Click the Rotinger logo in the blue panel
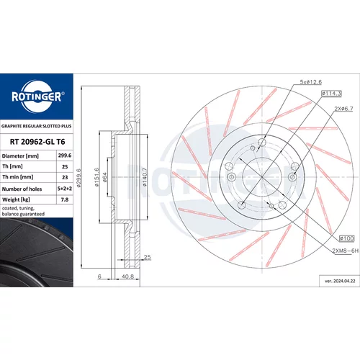coord(38,96)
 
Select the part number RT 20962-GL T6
coord(37,142)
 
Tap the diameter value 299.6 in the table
coord(65,156)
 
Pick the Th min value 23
coord(65,177)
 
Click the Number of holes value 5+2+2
coord(65,189)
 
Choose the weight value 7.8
coord(65,199)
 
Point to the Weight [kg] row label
coord(16,199)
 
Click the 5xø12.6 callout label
coord(311,82)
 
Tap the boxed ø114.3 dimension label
coord(331,94)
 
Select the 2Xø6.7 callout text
coord(343,109)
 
